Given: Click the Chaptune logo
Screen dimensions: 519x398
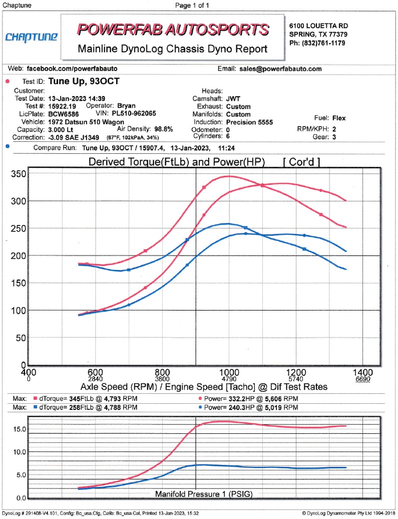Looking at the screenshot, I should click(x=31, y=37).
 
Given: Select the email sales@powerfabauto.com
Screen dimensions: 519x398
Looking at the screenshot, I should click(x=280, y=69).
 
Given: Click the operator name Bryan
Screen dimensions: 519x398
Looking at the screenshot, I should click(x=126, y=106).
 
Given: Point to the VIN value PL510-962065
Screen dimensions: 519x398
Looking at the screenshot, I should click(x=135, y=113).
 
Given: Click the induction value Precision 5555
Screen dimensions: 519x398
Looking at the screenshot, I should click(x=251, y=121).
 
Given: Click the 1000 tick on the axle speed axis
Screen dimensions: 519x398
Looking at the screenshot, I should click(x=229, y=373).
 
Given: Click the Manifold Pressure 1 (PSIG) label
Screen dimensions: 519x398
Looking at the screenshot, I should click(x=204, y=494).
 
